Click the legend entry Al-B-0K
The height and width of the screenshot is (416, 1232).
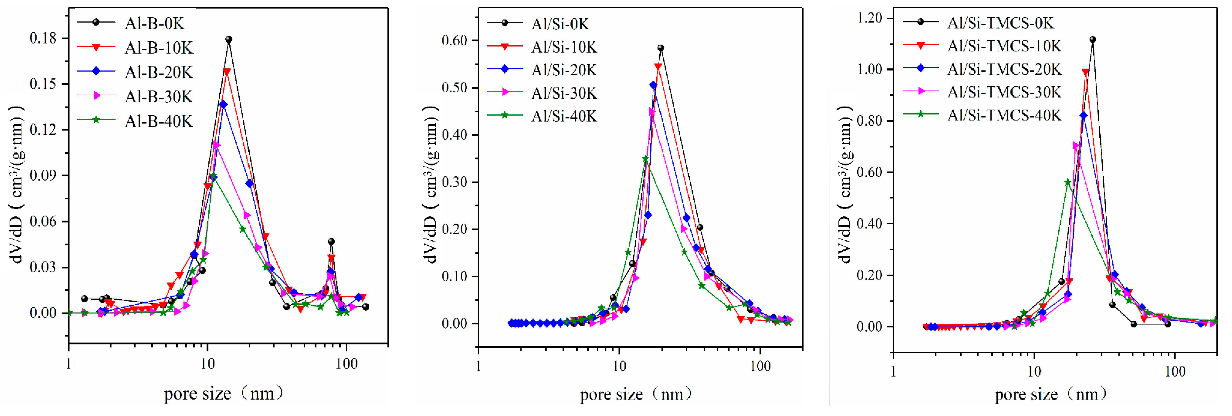[x=154, y=23]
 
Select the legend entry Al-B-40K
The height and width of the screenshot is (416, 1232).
[x=158, y=121]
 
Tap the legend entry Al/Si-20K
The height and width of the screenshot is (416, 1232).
[x=564, y=70]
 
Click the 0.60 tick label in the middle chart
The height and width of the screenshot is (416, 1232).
[x=454, y=41]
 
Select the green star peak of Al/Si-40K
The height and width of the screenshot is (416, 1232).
[x=645, y=159]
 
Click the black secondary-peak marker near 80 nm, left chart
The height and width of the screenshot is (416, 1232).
[x=331, y=241]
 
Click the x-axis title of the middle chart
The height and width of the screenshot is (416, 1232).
[x=636, y=394]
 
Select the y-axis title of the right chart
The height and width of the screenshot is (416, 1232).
[x=845, y=184]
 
